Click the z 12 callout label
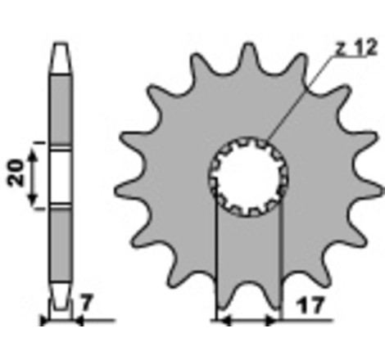(x=356, y=47)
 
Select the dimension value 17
(x=311, y=305)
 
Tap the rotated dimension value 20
(x=16, y=173)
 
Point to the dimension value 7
(x=87, y=303)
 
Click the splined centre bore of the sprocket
(x=248, y=177)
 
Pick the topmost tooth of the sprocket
(x=248, y=56)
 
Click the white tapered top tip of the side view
(x=61, y=58)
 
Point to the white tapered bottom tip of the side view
(x=61, y=296)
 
